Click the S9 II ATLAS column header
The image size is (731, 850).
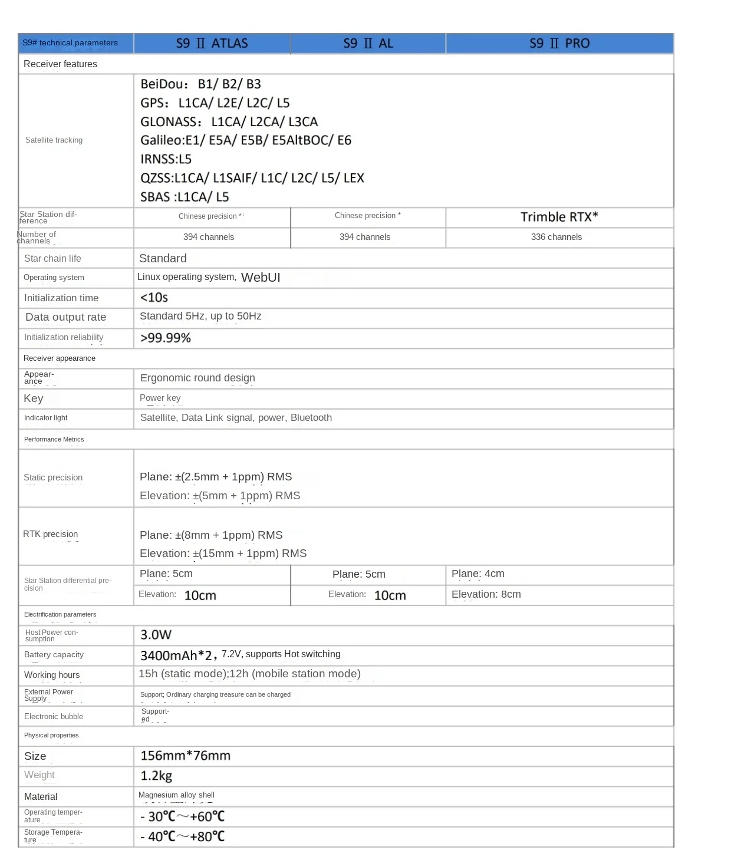(x=212, y=44)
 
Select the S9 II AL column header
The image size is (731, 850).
(x=368, y=44)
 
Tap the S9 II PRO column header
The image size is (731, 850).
(x=559, y=44)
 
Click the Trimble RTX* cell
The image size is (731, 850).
(x=559, y=217)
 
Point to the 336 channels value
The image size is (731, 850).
(x=556, y=237)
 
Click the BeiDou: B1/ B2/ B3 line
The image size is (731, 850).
(x=200, y=84)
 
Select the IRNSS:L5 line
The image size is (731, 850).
(x=166, y=159)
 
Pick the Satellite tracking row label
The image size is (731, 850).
(x=54, y=140)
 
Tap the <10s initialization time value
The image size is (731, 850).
(x=154, y=298)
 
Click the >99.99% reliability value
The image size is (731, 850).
(x=166, y=338)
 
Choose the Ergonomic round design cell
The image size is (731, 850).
(x=197, y=378)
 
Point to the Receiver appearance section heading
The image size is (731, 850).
(x=60, y=358)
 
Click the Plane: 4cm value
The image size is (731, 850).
(x=478, y=574)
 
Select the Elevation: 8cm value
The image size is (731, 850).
(x=486, y=594)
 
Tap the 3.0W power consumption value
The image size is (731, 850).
(x=156, y=635)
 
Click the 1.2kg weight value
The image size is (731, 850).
(x=156, y=776)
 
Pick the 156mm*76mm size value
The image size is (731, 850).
(x=185, y=756)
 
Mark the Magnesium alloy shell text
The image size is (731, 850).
(x=176, y=795)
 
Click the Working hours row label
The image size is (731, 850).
(x=52, y=675)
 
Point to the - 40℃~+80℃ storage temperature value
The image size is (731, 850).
(x=182, y=836)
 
